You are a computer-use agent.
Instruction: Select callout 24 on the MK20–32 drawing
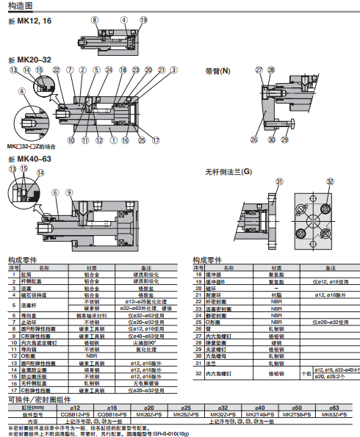pos(108,70)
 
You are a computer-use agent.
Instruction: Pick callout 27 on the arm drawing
pos(259,70)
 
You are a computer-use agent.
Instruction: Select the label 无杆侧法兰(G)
pos(228,172)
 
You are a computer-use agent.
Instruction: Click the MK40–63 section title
pos(29,159)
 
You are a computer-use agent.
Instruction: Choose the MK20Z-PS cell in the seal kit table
pos(148,415)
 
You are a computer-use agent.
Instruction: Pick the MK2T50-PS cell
pos(296,415)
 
